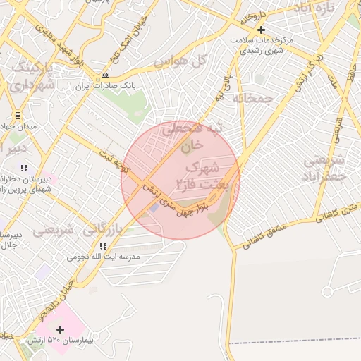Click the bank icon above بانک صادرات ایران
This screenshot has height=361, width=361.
[106, 74]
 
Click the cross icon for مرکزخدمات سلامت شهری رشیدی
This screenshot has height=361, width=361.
[262, 30]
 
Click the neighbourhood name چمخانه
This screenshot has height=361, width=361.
[252, 99]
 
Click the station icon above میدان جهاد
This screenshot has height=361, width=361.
[18, 115]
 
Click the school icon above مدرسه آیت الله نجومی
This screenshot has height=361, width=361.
[104, 246]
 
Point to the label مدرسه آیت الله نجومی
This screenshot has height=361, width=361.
[104, 257]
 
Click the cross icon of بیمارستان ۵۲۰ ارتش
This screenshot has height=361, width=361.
[60, 329]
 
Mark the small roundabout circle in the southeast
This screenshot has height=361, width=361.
[326, 290]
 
